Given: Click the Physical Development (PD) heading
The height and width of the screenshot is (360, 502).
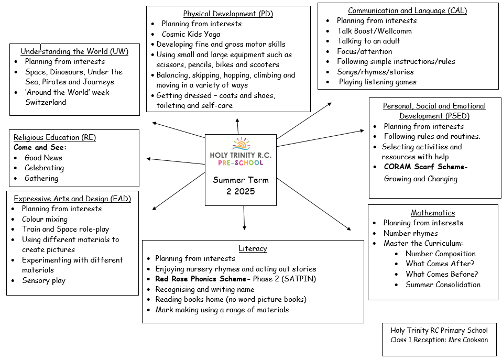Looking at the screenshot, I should point(228,14).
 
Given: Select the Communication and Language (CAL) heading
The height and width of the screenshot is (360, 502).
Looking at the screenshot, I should point(407,10).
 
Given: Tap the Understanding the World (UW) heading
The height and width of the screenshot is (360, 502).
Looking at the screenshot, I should point(74,51).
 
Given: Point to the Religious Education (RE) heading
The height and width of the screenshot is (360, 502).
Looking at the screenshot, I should point(54,137).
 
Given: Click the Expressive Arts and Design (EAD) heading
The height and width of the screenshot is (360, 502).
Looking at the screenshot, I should point(72,199).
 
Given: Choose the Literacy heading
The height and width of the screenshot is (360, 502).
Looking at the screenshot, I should point(253,248).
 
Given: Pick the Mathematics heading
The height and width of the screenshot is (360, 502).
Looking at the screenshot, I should point(432,213).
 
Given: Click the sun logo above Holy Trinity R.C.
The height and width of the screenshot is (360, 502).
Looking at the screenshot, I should point(241,145).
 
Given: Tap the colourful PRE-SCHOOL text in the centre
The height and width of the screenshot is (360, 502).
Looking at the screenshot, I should point(241,163).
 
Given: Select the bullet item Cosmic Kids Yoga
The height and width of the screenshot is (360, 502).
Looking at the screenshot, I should point(191,34).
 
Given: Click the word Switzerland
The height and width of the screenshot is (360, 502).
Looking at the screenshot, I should point(46,102).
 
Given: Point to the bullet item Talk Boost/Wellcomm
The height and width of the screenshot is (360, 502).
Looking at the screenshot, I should point(374,31).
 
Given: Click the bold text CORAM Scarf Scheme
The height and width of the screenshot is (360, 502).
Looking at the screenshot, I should point(424,167).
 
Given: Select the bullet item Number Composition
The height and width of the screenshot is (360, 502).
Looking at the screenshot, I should point(440,254).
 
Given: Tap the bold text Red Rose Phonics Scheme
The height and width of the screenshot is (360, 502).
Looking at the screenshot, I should point(203,279).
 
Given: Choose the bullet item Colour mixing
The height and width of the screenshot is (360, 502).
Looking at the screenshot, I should point(45,219).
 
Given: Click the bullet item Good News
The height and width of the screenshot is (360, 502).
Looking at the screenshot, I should point(43,158).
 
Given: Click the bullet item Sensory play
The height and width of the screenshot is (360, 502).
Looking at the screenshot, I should point(43,280).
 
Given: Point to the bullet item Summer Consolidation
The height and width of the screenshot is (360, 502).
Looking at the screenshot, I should point(443,285).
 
